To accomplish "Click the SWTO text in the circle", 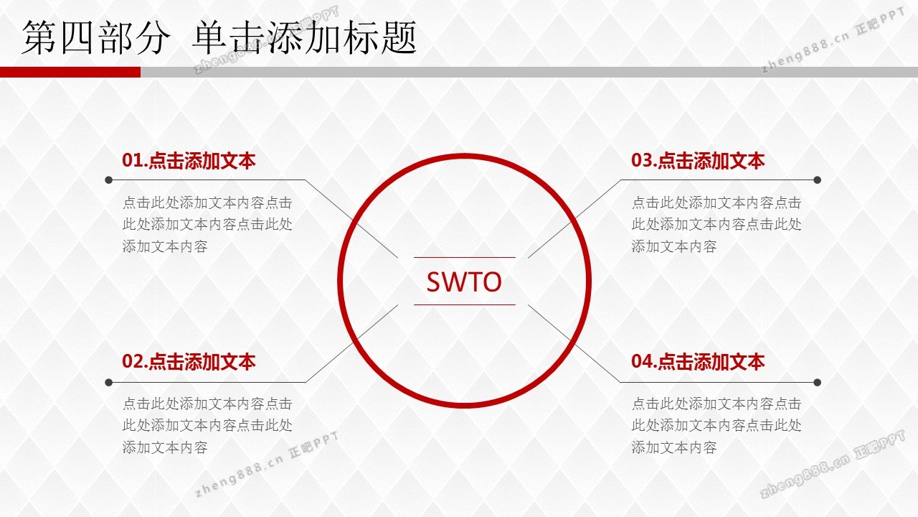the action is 464,282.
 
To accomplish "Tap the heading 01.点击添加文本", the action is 189,160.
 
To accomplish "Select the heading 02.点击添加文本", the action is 189,361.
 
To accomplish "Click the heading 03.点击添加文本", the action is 698,160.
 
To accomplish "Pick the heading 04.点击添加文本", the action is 698,361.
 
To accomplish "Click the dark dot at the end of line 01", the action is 108,180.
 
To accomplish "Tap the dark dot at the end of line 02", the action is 108,383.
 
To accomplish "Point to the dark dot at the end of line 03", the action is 817,180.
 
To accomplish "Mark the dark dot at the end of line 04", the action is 817,383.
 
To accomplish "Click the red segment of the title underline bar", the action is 70,73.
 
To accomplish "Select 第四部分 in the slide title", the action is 95,38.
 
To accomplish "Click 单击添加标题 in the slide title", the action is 305,38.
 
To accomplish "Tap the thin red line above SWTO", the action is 464,257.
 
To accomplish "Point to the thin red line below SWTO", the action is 464,305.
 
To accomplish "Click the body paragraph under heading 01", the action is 207,225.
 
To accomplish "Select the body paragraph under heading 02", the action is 207,426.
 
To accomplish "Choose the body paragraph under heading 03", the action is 716,225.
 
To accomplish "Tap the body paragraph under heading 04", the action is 716,426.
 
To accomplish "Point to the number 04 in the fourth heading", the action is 641,361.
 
